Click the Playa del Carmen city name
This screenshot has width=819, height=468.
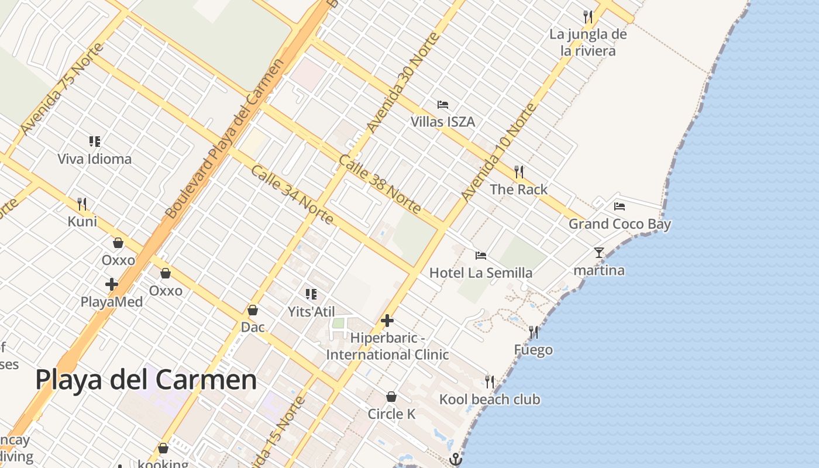click(x=146, y=380)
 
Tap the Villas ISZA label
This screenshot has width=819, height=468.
click(x=443, y=122)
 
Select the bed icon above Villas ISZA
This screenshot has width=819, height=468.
click(x=443, y=105)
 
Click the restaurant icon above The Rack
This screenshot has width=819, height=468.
click(x=518, y=171)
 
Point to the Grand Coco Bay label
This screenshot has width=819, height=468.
click(x=620, y=224)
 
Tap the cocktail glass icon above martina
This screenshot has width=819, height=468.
click(x=598, y=253)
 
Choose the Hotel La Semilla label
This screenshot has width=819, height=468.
click(x=481, y=273)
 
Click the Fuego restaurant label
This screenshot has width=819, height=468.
click(x=533, y=350)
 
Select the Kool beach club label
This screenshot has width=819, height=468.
click(x=490, y=400)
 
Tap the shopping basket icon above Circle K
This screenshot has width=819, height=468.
click(x=391, y=397)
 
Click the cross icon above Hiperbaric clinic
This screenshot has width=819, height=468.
click(x=387, y=321)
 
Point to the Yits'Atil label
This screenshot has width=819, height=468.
click(x=311, y=312)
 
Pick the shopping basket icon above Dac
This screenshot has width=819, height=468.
click(x=253, y=310)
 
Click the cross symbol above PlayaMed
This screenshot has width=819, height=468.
click(x=111, y=285)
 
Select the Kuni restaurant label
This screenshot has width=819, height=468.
click(x=82, y=222)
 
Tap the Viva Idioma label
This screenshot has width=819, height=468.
click(x=94, y=159)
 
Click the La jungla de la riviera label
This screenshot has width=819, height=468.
click(x=588, y=42)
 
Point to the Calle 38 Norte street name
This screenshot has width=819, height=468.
click(x=380, y=185)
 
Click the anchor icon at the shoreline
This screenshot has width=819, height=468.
click(x=455, y=459)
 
